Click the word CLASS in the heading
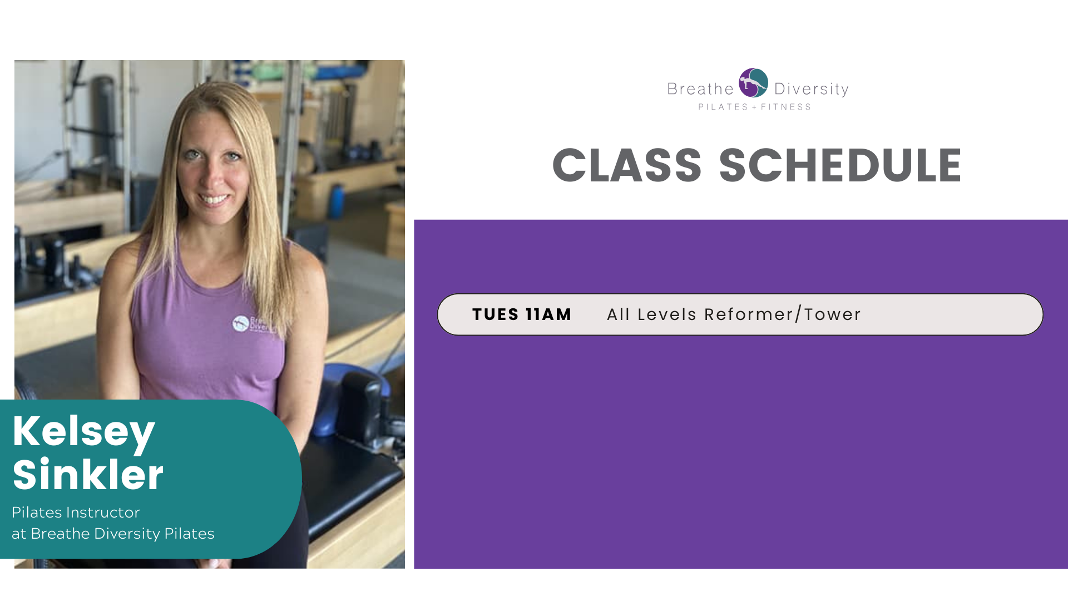click(627, 165)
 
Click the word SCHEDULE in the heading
click(840, 165)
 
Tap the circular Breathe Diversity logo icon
click(753, 83)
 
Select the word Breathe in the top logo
click(700, 89)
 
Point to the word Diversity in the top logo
click(812, 90)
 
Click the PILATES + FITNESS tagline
click(755, 107)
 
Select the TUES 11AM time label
click(522, 314)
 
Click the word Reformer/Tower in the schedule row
click(783, 314)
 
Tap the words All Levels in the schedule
click(651, 314)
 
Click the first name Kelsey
click(83, 432)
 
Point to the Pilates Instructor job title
click(76, 512)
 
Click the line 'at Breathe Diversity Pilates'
click(113, 534)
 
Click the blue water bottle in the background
click(336, 201)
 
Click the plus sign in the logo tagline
click(755, 107)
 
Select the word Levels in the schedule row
click(667, 314)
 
